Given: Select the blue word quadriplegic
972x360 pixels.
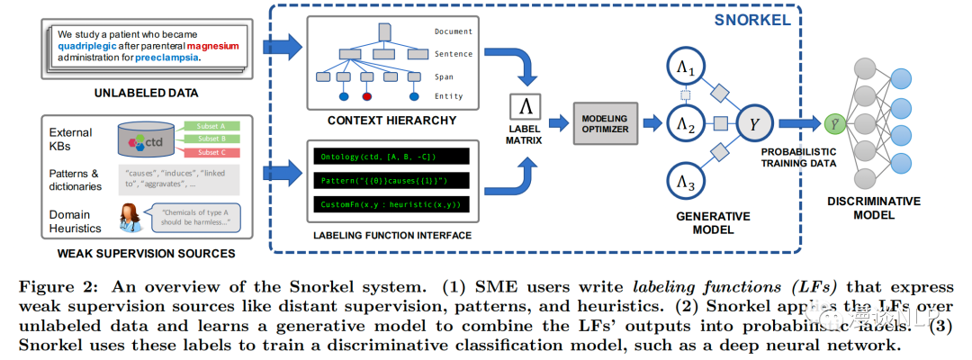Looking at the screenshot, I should [87, 41].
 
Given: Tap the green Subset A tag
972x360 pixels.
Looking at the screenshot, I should [210, 126].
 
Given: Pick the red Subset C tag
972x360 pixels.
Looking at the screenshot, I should [210, 151].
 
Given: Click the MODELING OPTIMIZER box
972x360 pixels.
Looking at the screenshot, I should [605, 123].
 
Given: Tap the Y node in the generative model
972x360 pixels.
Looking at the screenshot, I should [754, 123].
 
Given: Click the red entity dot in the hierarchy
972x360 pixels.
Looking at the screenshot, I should [366, 96].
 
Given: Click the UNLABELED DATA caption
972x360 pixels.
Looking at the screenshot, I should [147, 93].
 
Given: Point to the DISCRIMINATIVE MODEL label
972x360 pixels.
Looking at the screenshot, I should [875, 208].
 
